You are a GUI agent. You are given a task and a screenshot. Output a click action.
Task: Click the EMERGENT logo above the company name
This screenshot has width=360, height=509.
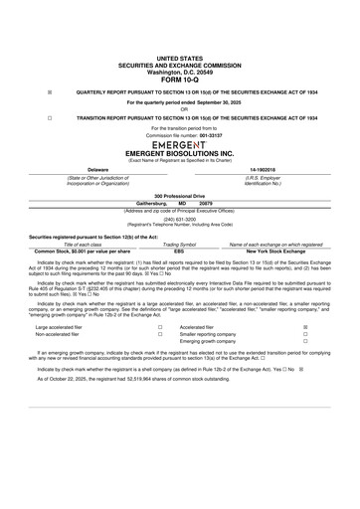point(179,144)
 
